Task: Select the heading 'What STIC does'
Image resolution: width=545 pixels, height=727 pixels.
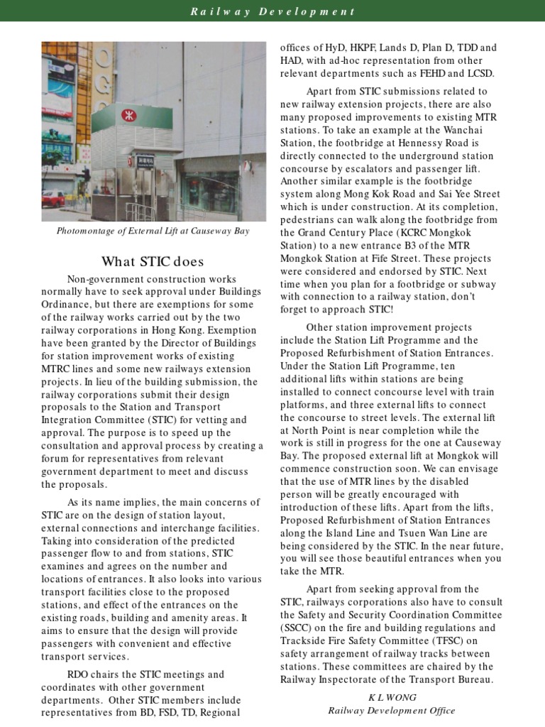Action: [153, 261]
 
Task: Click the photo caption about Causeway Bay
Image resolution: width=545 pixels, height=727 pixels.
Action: [153, 231]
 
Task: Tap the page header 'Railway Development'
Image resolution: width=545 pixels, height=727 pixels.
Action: [272, 11]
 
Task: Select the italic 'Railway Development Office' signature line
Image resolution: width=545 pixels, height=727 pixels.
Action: [391, 710]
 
